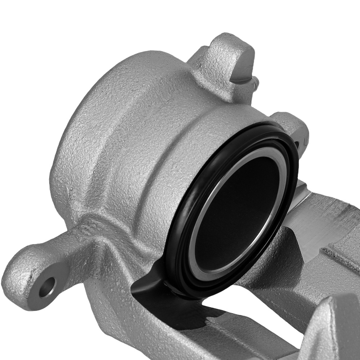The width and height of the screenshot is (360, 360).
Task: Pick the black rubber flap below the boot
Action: click(x=148, y=284)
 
